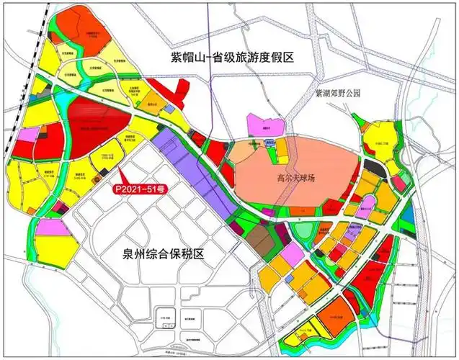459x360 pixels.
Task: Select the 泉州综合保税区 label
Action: point(164,254)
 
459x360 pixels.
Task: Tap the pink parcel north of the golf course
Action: point(260,123)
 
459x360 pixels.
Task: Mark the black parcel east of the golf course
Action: point(372,166)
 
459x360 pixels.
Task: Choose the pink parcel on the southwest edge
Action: point(50,227)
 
